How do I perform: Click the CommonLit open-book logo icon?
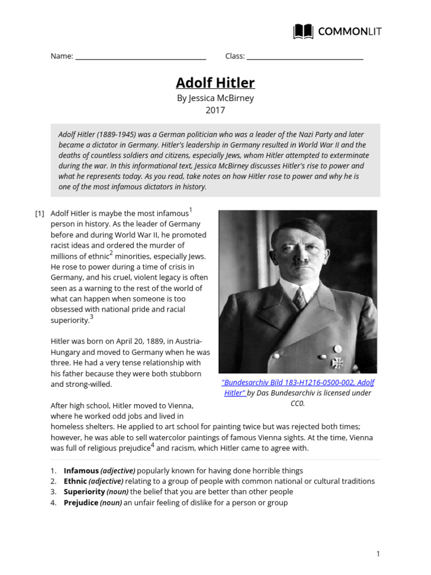pos(304,31)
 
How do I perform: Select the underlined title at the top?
pos(215,83)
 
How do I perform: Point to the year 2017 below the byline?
pos(215,110)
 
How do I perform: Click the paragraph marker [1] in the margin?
pos(39,213)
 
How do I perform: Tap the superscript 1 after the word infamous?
pos(191,210)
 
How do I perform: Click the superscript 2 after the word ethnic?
pos(111,253)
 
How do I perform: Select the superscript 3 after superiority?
pos(91,317)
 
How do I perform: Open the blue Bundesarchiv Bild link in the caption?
pos(298,382)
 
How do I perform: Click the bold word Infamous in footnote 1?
pos(81,471)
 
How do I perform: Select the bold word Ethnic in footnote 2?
pos(76,481)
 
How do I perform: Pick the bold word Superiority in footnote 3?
pos(84,492)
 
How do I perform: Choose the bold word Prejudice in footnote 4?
pos(81,503)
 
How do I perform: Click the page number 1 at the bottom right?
pos(378,554)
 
